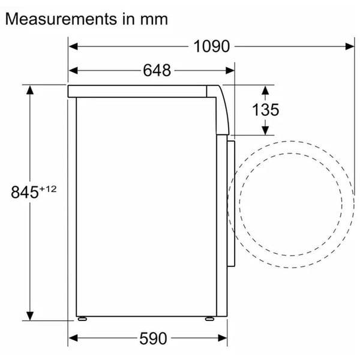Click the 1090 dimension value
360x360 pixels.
click(211, 46)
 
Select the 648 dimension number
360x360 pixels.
click(157, 70)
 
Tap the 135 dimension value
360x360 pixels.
click(266, 110)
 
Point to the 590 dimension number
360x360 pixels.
click(153, 338)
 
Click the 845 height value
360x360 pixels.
click(25, 192)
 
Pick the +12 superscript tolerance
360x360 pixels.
click(48, 189)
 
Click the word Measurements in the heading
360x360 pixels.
click(61, 19)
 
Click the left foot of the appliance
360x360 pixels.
click(82, 319)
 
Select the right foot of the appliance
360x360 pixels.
click(209, 319)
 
